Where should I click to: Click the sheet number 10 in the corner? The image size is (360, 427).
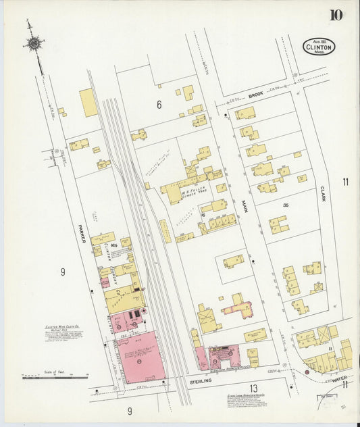coord(336,15)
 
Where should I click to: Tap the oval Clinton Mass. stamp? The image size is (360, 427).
coord(319,47)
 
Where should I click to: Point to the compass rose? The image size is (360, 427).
coord(33,45)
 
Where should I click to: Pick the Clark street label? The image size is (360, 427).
coord(323,194)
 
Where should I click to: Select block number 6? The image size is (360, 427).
coord(159,105)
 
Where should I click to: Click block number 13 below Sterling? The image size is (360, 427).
coord(253,388)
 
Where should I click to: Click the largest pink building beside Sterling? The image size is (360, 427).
coord(141,357)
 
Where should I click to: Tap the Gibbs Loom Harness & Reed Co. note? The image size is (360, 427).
coord(250,400)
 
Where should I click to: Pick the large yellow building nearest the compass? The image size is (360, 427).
coord(88,103)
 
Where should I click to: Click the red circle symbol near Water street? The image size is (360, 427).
coord(307,372)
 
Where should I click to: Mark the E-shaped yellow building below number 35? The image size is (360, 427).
coord(278,224)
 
